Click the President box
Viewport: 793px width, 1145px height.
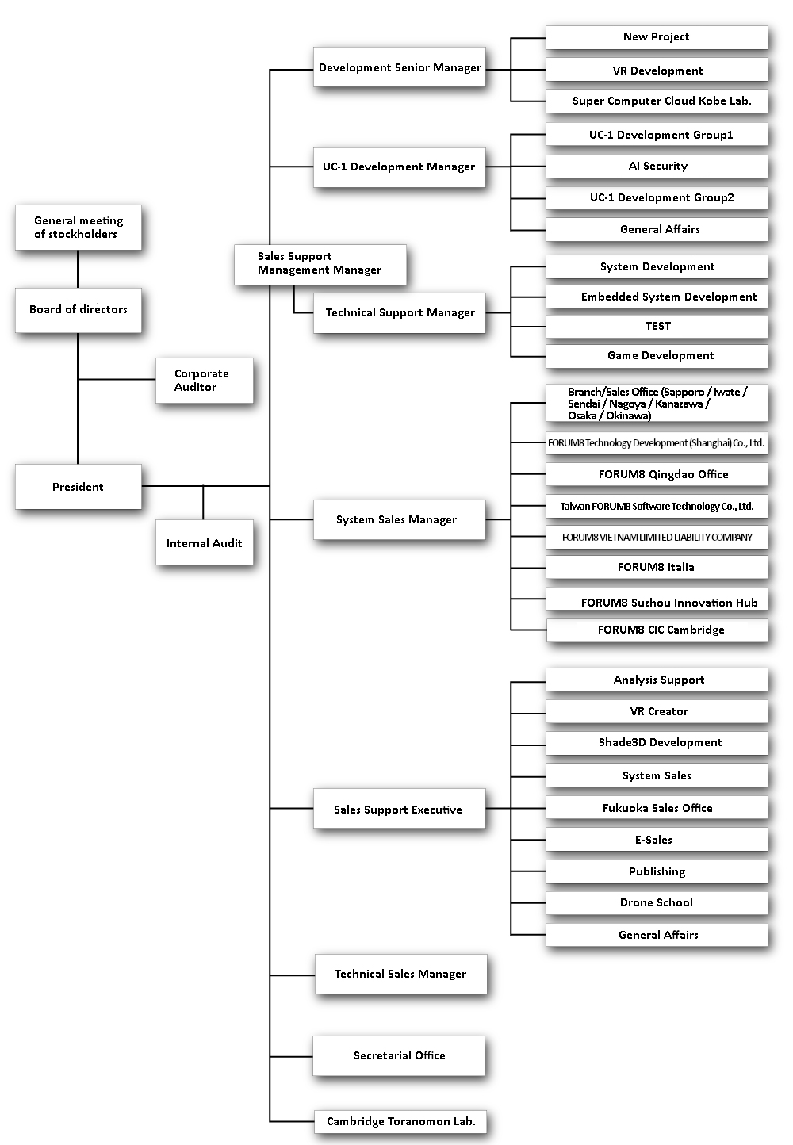point(79,486)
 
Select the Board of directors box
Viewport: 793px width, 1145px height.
point(79,310)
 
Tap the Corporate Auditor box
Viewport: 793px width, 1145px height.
point(205,381)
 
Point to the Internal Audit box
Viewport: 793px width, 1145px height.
point(205,542)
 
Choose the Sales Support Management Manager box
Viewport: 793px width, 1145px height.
point(320,264)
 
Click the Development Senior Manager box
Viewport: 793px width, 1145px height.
point(400,67)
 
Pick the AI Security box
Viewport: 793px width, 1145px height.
point(657,167)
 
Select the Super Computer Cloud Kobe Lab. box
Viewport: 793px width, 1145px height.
point(657,101)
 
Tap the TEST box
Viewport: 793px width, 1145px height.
point(657,326)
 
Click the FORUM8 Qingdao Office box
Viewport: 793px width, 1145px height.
point(657,474)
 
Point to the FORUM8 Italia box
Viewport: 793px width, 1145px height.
point(657,567)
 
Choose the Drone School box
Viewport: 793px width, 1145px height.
point(657,902)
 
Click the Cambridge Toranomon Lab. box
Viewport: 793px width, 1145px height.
point(400,1121)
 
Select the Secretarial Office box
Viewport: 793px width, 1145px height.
point(399,1055)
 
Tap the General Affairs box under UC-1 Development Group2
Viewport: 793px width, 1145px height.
point(657,229)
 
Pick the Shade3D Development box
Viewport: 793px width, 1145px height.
point(657,743)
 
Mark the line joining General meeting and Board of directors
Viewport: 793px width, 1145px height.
point(78,269)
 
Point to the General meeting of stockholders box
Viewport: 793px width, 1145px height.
point(79,228)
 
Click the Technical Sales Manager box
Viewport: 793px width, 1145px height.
point(400,974)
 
